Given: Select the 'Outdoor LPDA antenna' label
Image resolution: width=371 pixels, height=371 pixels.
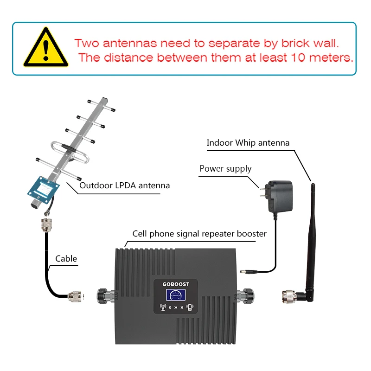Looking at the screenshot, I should (125, 185).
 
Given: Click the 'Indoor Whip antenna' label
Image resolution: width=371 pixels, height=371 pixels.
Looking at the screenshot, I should (248, 143).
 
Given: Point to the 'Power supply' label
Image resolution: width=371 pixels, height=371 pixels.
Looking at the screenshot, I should (225, 168).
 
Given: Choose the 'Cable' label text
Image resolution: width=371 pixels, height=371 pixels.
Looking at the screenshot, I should (66, 258).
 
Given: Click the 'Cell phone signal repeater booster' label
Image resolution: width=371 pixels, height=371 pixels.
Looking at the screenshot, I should (199, 234).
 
